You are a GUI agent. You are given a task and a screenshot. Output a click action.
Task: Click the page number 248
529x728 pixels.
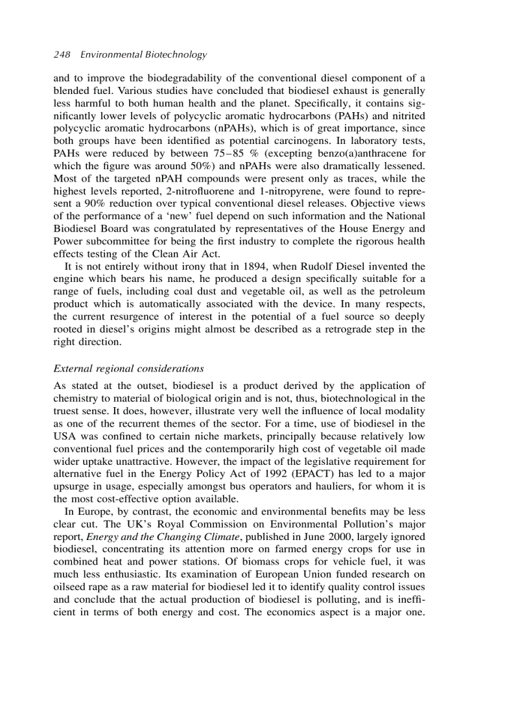click(x=62, y=55)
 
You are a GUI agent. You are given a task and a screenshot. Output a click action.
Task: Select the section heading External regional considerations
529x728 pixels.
click(x=128, y=368)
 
